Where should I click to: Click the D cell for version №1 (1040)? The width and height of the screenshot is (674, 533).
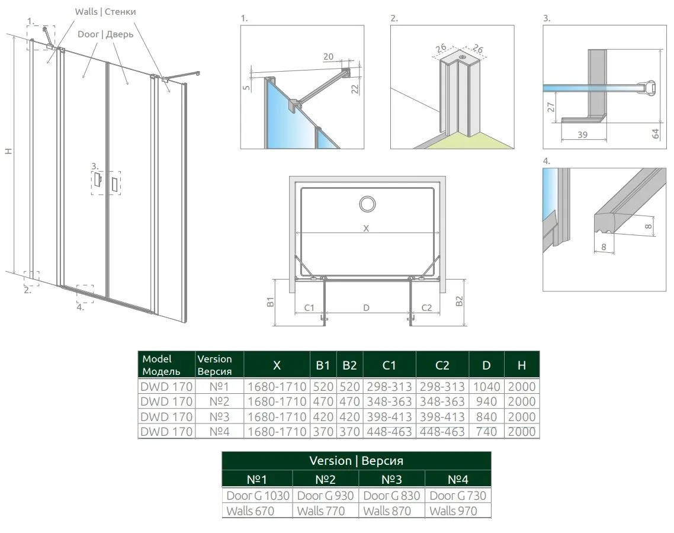coord(486,386)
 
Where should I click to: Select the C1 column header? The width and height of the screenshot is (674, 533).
coord(389,365)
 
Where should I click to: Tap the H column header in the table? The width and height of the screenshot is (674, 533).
coord(521,365)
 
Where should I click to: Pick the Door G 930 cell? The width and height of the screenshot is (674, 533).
coord(325,496)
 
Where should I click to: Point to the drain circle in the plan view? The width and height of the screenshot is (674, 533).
coord(368,204)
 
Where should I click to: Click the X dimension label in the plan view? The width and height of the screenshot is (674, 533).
coord(366,228)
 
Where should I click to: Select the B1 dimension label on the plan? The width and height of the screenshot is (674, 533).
coord(271,302)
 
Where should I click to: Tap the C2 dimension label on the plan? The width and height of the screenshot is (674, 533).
coord(426,308)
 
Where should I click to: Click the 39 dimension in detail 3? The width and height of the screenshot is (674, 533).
coord(582,134)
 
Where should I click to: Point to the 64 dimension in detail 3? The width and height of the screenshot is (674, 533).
coord(656,134)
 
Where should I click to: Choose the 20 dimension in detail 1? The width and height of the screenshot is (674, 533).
coord(328,56)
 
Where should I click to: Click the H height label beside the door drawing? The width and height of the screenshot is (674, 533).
coord(8,151)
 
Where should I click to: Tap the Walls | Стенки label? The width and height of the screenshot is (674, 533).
coord(105,12)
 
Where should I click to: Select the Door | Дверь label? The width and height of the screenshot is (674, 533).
coord(105,34)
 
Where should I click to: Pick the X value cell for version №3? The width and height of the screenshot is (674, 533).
coord(277,416)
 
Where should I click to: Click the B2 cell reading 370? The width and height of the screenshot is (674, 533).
coord(349,431)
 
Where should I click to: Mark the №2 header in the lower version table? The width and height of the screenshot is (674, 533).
coord(325,479)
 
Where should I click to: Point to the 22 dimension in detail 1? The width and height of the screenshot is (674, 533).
coord(355,89)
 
